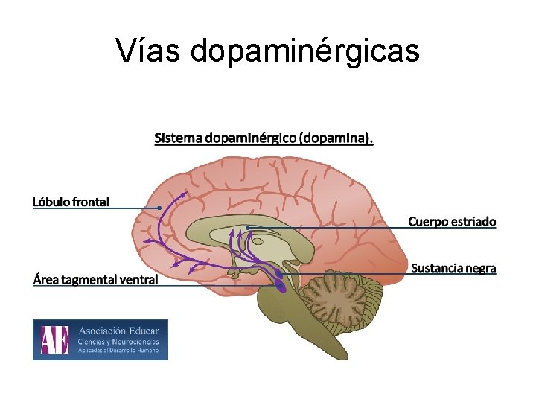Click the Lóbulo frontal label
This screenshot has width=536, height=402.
coord(71,201)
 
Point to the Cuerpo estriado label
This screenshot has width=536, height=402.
coord(452,221)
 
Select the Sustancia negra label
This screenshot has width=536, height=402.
coord(453,268)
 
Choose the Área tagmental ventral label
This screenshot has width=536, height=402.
coord(95,280)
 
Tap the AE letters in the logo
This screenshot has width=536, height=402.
coord(54,339)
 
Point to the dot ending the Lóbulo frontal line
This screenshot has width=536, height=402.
coord(159,207)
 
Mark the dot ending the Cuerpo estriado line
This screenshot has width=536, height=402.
coord(247,227)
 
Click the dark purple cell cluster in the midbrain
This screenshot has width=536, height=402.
coord(279,283)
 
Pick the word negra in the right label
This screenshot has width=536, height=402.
coord(479,268)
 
